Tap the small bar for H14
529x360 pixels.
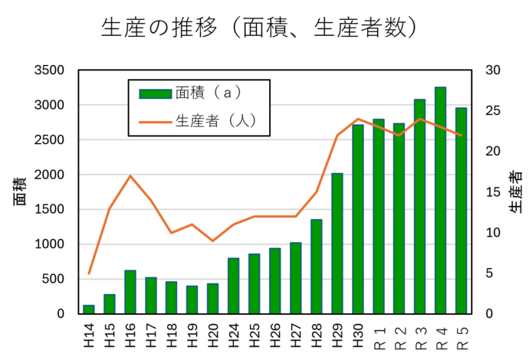(x=89, y=309)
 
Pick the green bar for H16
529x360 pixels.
(x=130, y=292)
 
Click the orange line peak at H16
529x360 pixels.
(x=130, y=176)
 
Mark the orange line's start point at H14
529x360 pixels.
(x=89, y=273)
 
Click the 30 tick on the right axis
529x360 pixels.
(x=493, y=70)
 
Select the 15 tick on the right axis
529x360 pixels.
(x=493, y=192)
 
